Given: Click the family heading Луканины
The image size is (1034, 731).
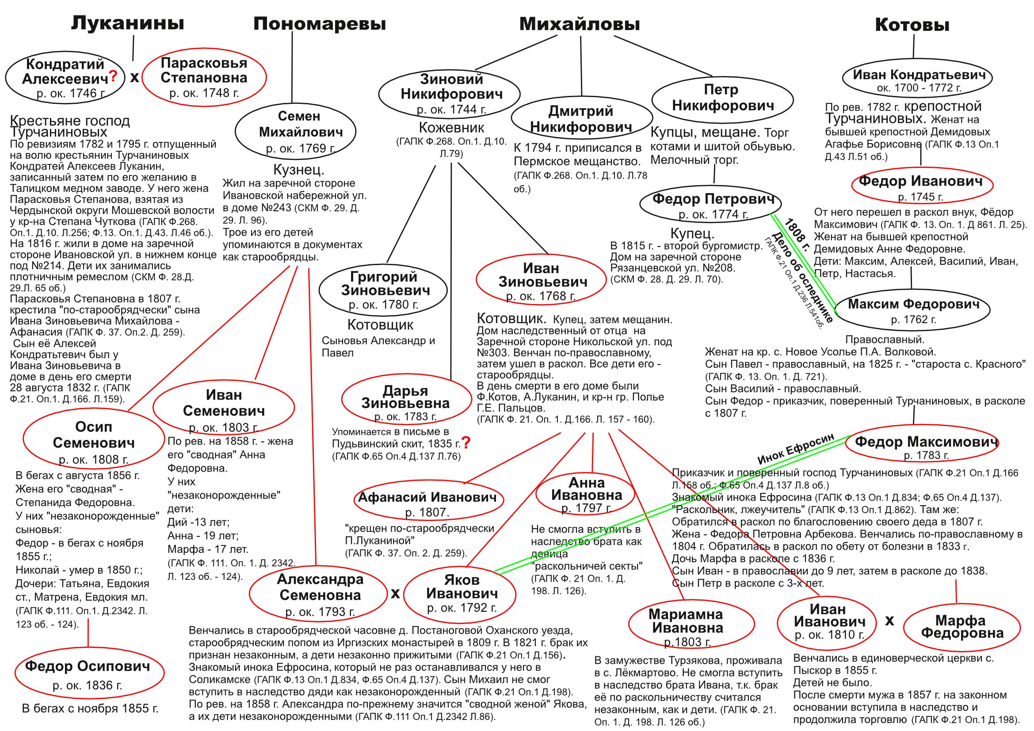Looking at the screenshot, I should [128, 23].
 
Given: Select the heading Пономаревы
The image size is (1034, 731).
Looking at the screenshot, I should [319, 24].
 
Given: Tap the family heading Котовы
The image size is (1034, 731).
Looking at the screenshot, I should [912, 25].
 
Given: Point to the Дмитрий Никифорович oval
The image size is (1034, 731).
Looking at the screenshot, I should [581, 119].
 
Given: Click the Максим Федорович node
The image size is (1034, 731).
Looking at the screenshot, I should [913, 311].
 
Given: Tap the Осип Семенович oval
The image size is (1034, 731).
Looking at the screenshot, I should [94, 441].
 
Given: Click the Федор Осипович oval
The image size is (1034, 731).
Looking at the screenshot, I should [88, 674].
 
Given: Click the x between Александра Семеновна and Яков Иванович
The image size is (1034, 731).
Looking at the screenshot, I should [395, 594].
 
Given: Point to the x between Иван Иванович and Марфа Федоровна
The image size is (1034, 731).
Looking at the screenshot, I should [890, 621].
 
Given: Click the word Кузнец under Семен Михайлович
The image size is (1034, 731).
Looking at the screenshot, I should [298, 169].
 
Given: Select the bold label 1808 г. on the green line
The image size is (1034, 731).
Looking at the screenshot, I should [797, 236].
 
